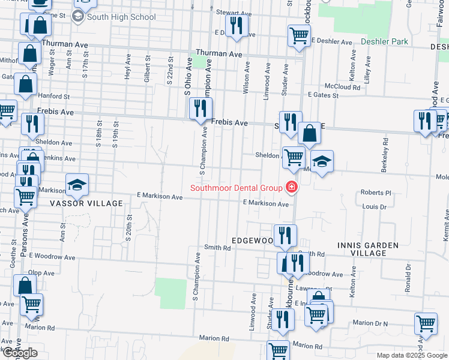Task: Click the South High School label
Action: click(121, 17)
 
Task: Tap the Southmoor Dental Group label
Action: click(236, 188)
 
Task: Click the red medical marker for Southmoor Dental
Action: click(292, 188)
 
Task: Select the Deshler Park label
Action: click(385, 42)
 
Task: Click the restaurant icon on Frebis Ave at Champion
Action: click(200, 109)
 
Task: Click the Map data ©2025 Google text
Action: click(411, 355)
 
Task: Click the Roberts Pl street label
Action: click(376, 193)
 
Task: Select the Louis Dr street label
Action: click(374, 207)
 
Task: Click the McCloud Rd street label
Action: click(343, 87)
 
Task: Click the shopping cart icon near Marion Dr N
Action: click(426, 323)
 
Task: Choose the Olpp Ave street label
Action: click(41, 272)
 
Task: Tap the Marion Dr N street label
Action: click(370, 323)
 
